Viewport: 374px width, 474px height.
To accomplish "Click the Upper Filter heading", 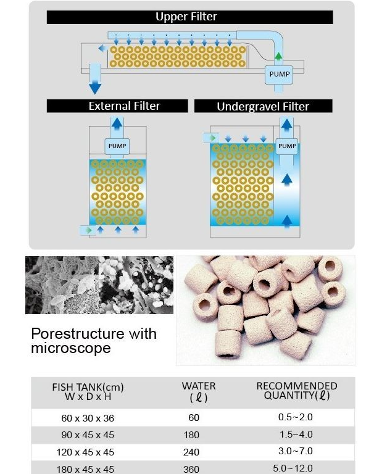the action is (x=186, y=17).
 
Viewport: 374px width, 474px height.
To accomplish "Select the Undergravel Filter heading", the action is (x=263, y=106).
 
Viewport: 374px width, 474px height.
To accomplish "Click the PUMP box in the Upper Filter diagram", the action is (x=279, y=74).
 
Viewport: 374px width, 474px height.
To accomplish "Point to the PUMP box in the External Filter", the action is (x=117, y=146).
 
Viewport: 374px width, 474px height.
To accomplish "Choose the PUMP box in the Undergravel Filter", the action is (x=286, y=146).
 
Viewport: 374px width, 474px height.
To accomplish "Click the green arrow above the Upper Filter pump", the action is (x=278, y=56).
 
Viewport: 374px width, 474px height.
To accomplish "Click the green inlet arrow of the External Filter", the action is (x=89, y=230).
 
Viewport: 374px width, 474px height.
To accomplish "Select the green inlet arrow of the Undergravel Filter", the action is (x=213, y=138).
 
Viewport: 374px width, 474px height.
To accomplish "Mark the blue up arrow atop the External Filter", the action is (x=117, y=123).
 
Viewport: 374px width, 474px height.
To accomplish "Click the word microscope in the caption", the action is (x=71, y=348).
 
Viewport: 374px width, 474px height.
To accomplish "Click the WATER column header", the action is (x=199, y=391).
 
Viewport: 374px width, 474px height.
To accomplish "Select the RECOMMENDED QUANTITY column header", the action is (x=297, y=391).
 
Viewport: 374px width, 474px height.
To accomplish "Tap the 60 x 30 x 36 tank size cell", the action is (x=88, y=418).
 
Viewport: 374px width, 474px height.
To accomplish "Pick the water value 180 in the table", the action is (x=191, y=435).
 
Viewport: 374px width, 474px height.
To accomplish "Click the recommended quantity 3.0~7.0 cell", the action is (x=296, y=451).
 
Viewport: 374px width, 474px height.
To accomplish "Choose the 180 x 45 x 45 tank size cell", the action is (x=85, y=469).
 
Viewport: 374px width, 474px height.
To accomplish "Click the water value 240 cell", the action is (x=191, y=452).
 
